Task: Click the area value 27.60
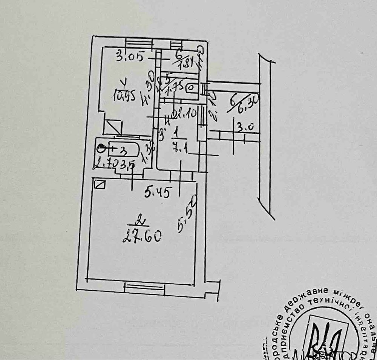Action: pos(142,237)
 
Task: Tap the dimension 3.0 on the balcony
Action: pos(245,128)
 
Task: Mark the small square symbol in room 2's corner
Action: pos(100,185)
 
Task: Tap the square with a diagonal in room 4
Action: pos(113,127)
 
